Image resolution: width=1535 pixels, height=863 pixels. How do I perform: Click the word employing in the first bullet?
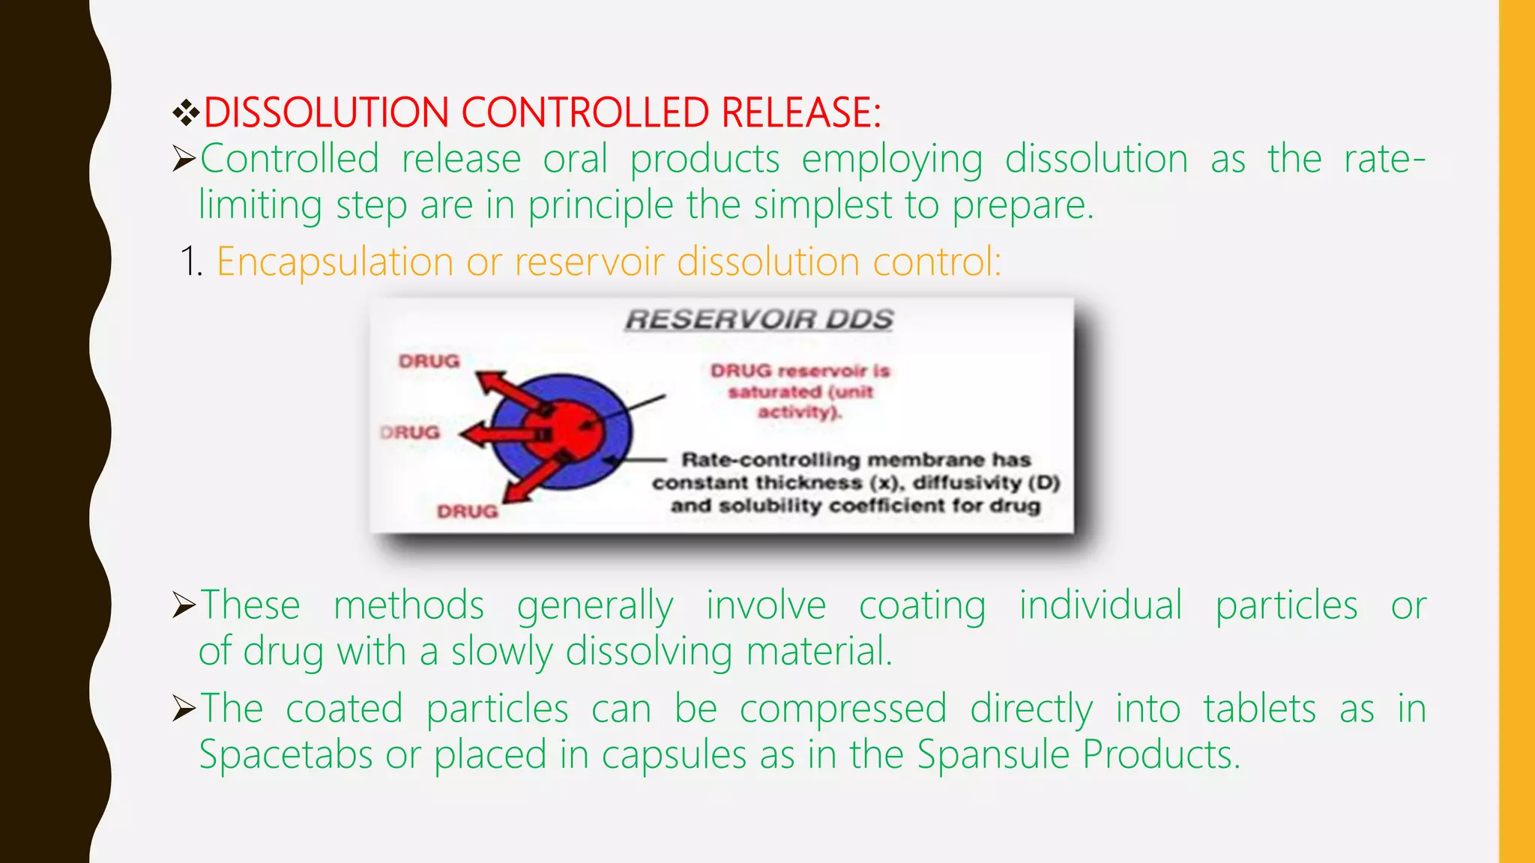pos(892,160)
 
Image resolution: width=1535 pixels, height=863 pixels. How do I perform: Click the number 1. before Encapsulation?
pos(192,263)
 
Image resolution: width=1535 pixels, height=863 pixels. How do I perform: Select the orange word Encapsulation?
pos(334,263)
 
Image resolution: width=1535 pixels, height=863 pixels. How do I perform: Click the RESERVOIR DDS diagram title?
pos(759,320)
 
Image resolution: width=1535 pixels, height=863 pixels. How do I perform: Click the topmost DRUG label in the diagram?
pos(429,362)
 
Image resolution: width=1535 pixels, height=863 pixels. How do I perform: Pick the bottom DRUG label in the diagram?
pos(467,512)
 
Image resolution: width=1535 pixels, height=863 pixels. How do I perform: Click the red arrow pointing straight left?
pos(495,434)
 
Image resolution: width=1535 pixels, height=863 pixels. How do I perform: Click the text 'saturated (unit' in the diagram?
pos(800,392)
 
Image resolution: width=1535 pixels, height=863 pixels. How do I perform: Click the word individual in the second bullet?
pos(1100,605)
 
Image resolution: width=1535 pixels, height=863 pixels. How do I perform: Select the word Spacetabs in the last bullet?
pos(286,754)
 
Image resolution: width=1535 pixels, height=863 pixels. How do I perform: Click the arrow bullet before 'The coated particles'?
pos(184,709)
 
